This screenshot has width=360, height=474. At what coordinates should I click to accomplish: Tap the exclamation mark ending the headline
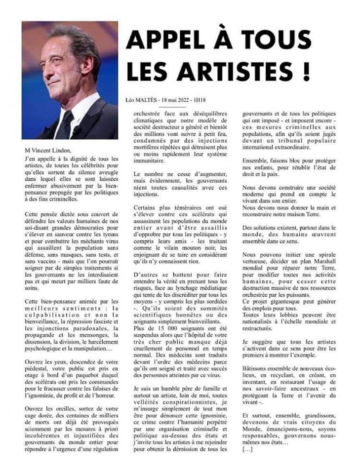coord(306,71)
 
